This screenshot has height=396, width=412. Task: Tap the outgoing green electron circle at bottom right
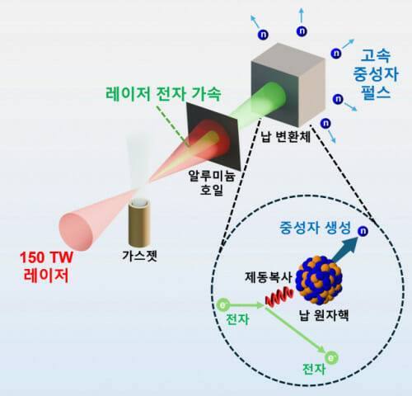pos(330,360)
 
